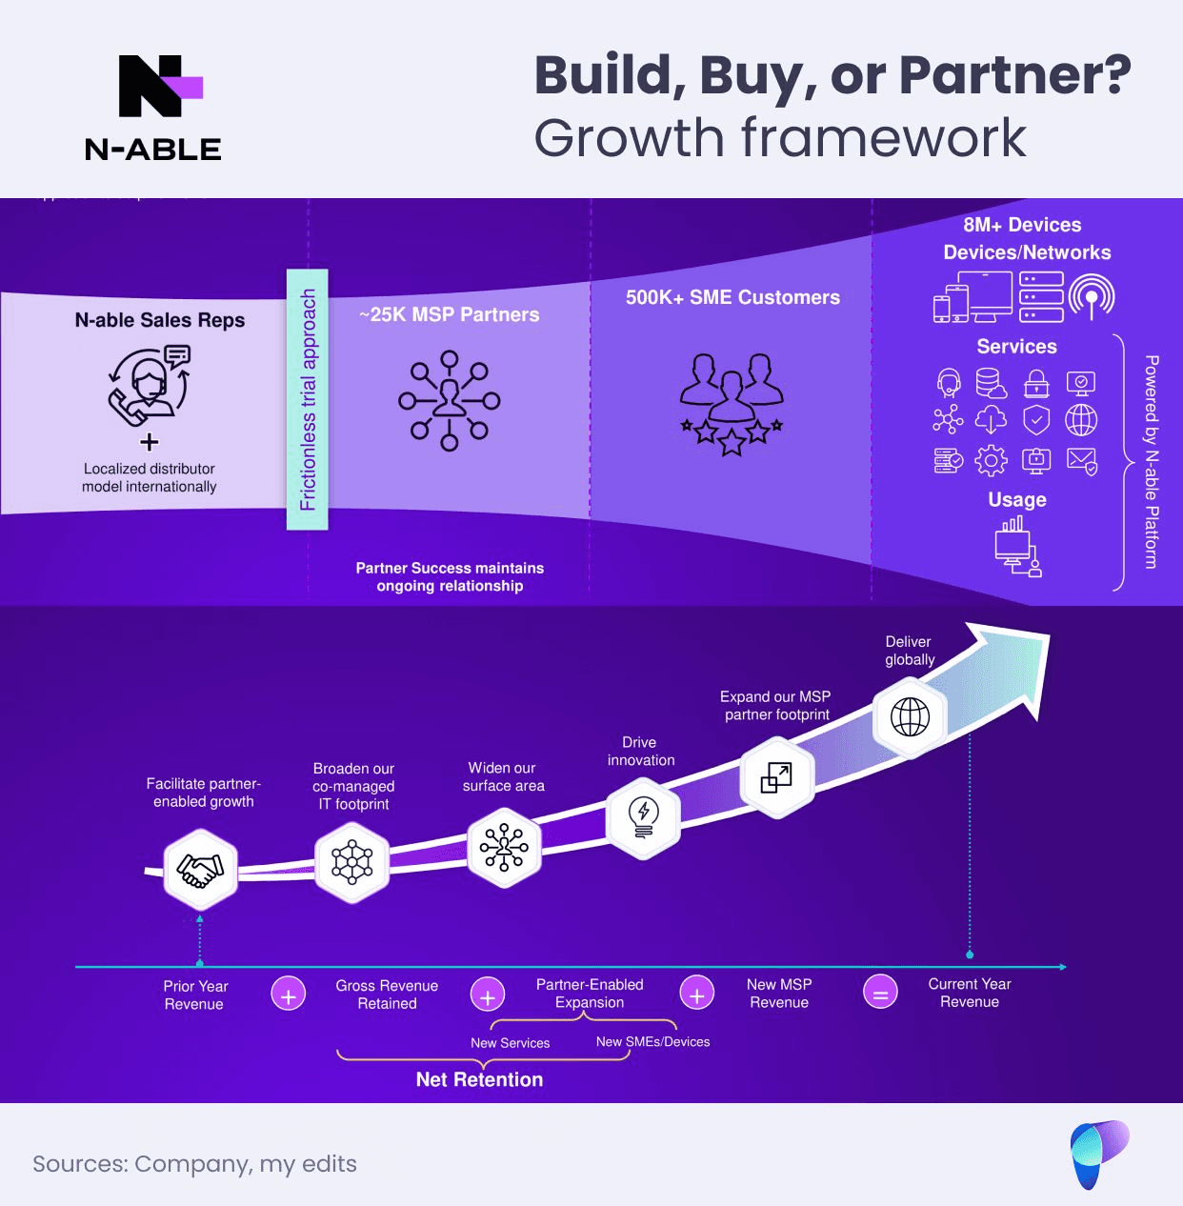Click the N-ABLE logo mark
coord(158,86)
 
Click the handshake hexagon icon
coord(200,869)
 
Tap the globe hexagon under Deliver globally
coord(910,717)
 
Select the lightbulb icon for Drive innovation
coord(643,816)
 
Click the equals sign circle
coord(880,993)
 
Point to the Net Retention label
coord(479,1079)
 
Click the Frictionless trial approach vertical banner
coord(308,399)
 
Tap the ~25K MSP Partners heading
coord(450,314)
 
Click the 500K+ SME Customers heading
coord(732,297)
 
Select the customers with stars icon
coord(732,404)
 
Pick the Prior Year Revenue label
coord(194,995)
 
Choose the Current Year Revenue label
coord(970,993)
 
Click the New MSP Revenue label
coord(779,993)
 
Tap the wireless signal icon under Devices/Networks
coord(1092,295)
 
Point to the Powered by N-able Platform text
coord(1152,462)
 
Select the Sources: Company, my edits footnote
coord(194,1163)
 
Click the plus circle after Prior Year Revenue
coord(288,994)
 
